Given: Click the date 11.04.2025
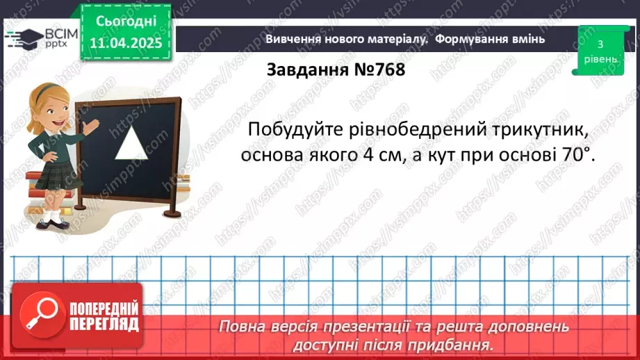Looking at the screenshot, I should tap(126, 43).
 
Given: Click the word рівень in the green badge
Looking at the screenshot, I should tap(600, 59).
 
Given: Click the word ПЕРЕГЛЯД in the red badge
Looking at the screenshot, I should tap(104, 324).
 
